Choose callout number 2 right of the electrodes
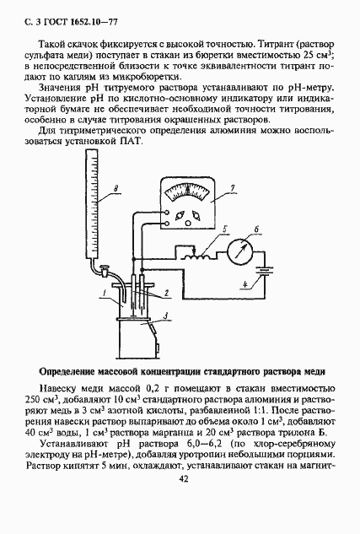pos(169,293)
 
